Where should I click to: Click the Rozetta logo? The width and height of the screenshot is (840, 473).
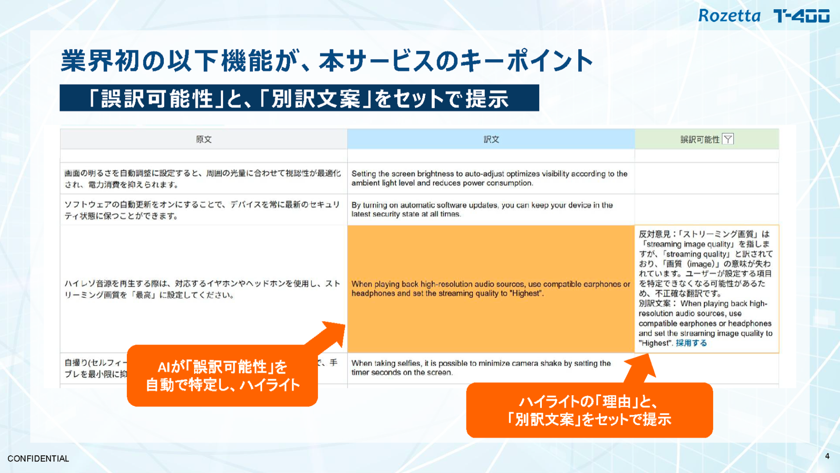click(729, 16)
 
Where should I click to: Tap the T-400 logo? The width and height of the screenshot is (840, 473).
click(801, 16)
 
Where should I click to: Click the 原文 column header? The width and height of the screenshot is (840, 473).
click(204, 139)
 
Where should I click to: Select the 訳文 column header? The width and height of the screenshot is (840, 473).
click(491, 139)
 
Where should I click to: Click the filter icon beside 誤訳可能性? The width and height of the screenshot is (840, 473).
click(728, 139)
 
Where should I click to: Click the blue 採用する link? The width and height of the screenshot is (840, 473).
click(691, 343)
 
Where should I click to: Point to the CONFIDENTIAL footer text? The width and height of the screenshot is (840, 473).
click(38, 459)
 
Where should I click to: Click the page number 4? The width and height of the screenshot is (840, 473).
click(827, 456)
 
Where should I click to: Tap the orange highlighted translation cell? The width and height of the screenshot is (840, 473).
click(491, 289)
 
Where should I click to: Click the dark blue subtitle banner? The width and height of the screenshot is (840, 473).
click(299, 98)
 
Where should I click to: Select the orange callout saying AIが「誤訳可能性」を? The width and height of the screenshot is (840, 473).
click(222, 376)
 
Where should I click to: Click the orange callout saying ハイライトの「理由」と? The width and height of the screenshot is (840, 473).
click(589, 410)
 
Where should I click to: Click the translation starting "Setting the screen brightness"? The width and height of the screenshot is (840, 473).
click(489, 178)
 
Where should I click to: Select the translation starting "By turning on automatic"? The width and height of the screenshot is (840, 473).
click(482, 209)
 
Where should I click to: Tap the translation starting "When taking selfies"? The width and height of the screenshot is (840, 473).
click(481, 368)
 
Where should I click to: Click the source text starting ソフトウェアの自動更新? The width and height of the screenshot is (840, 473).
click(202, 210)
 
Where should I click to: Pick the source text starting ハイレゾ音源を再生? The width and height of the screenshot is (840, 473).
click(202, 289)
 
